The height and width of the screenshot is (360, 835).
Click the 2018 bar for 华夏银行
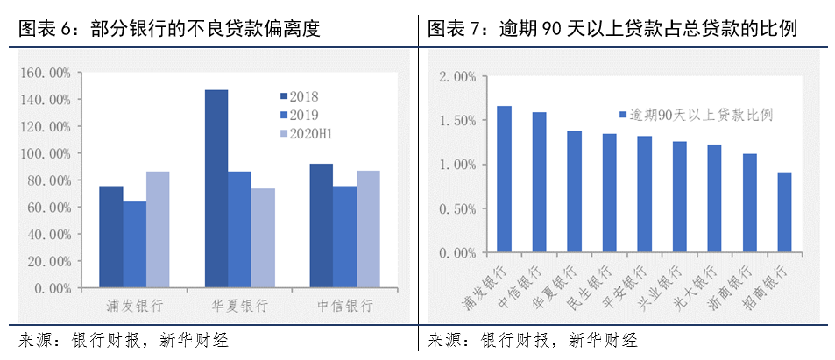216,188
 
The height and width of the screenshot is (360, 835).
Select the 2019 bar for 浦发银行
134,244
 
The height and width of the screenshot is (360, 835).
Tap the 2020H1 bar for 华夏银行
263,237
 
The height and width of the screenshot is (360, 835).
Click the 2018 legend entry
300,95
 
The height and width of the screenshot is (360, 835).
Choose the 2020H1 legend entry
306,134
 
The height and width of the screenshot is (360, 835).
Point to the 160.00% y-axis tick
46,73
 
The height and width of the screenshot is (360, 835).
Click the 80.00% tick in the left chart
47,180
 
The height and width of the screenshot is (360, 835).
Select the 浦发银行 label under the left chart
134,307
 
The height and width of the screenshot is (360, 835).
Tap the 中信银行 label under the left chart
344,307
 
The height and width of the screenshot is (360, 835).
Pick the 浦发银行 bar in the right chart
504,180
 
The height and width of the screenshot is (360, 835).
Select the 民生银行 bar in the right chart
609,194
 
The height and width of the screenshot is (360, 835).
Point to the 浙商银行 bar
749,203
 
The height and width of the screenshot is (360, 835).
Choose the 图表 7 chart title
612,29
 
